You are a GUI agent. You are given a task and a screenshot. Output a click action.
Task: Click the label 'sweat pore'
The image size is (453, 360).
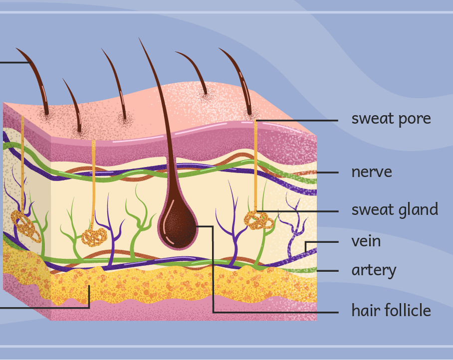click(391, 119)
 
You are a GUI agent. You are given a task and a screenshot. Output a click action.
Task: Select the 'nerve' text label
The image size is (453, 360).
click(371, 172)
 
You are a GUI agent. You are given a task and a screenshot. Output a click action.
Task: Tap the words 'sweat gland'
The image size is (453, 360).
click(394, 210)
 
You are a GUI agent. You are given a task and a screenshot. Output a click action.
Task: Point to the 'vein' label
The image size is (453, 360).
click(366, 241)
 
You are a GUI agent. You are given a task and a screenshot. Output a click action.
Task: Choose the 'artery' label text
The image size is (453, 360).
click(374, 270)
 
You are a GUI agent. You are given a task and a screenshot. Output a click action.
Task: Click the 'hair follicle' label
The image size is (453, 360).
click(391, 311)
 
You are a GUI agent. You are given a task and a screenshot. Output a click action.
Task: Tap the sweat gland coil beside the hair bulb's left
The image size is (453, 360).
click(94, 236)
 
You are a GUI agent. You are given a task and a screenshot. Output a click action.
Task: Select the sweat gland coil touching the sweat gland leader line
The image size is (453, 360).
click(258, 220)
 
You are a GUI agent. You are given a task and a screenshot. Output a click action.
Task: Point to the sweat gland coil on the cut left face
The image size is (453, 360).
click(25, 224)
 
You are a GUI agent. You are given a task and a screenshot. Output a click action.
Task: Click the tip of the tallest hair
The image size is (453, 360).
click(139, 38)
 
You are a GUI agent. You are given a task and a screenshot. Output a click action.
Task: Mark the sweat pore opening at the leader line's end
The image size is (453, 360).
click(256, 121)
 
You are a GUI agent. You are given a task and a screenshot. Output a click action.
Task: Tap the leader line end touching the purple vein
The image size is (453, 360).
click(306, 252)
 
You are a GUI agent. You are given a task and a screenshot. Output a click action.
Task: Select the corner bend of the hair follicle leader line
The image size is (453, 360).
click(213, 226)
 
